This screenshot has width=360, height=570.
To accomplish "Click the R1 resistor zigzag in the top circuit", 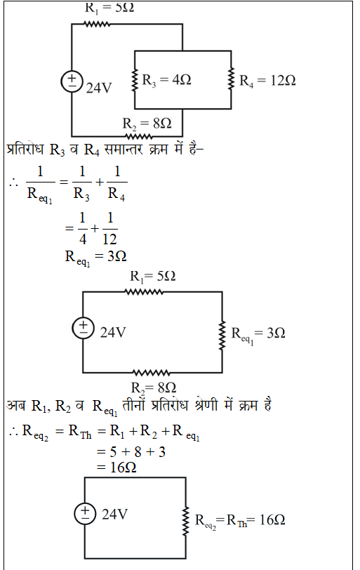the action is point(97,25).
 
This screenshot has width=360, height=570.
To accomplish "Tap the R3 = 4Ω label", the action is point(166,80).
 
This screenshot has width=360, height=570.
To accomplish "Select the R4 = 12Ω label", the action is point(267,80).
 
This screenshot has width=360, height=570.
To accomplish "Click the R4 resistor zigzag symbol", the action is point(231,79).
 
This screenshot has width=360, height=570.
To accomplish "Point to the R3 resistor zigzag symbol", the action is point(135,79).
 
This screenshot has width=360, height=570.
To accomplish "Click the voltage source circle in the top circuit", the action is point(72,82).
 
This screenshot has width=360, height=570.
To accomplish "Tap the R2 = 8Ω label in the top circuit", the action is point(147,124).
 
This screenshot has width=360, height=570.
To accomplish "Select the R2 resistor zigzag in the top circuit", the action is point(139,137).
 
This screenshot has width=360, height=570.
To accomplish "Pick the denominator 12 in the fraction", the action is point(109,239).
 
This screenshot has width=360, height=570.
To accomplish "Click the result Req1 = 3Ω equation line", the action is point(95,258).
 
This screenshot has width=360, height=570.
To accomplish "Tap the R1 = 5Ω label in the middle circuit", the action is point(153,277).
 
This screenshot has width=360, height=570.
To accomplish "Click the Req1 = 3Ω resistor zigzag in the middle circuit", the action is point(222,336).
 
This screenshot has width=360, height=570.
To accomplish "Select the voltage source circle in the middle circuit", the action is point(84,329).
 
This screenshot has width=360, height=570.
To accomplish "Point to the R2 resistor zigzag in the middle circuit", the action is point(151,373).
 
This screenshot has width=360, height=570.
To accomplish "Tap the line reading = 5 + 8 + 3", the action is point(131,452).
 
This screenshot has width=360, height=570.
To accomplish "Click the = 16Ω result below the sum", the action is point(116,467).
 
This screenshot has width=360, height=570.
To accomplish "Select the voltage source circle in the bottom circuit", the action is point(85,514).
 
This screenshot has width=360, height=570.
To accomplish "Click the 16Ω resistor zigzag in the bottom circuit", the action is point(186,521).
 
